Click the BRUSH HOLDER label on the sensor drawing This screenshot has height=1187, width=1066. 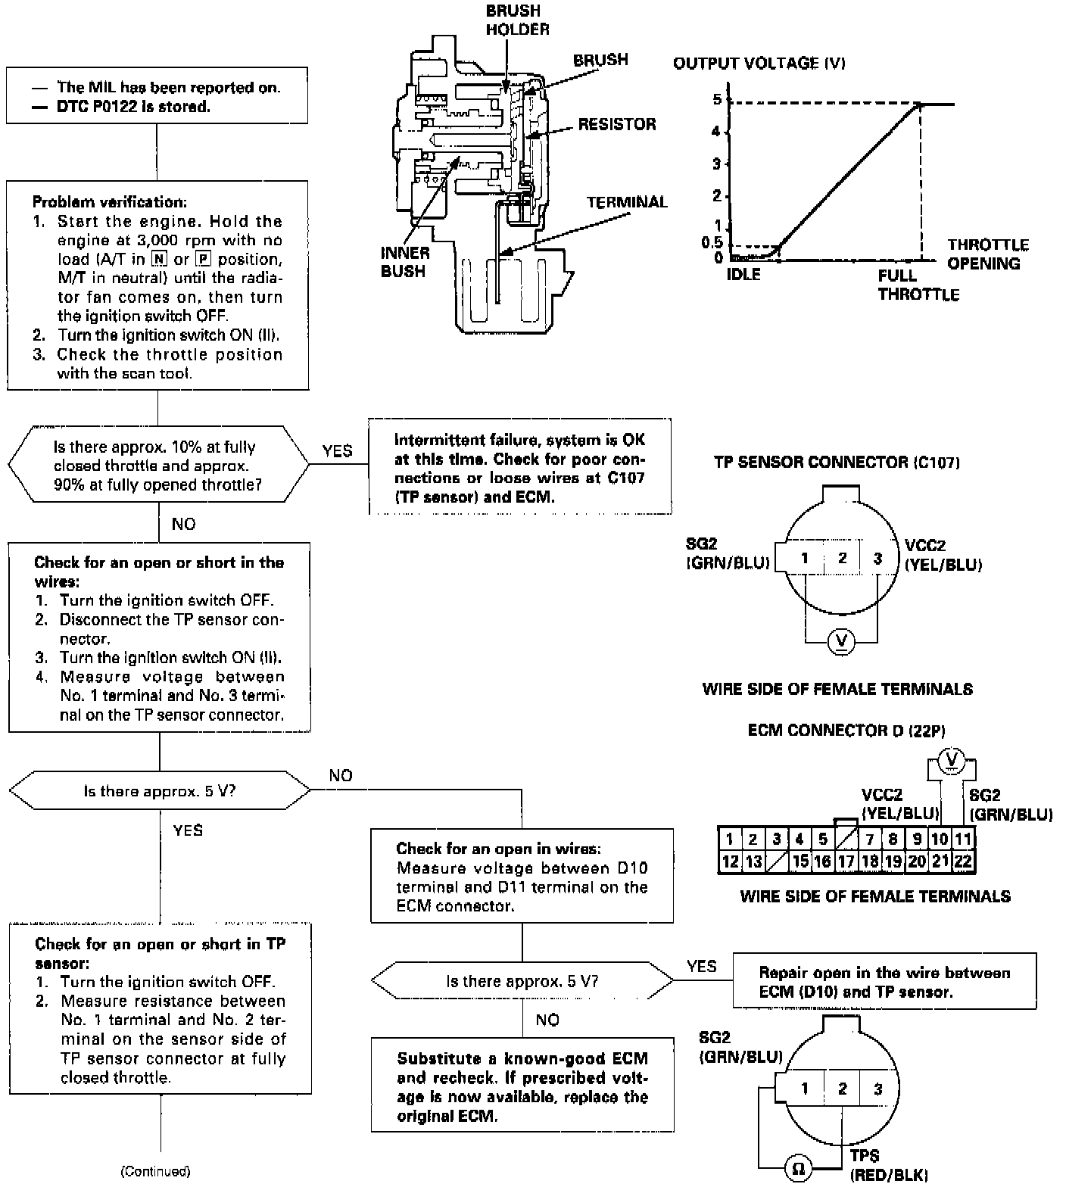[x=517, y=20]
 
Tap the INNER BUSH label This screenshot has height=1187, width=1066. [x=404, y=262]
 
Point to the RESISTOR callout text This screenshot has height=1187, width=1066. [x=616, y=124]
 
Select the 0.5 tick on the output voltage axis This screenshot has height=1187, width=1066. [x=712, y=243]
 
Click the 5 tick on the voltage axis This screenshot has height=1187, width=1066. [x=717, y=100]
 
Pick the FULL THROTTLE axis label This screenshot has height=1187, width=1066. [x=918, y=285]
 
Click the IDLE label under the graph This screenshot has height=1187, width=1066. [x=743, y=275]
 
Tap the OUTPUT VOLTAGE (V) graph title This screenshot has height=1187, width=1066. [x=759, y=64]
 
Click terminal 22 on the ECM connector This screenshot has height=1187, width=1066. [x=962, y=861]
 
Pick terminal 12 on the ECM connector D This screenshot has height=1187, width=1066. [x=730, y=861]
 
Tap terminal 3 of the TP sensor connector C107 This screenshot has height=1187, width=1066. [x=877, y=559]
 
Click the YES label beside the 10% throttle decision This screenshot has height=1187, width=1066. [x=337, y=451]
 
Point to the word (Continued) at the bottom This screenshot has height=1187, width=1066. [x=155, y=1171]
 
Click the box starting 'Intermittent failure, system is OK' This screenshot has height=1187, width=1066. [x=520, y=468]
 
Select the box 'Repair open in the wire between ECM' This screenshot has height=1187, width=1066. [x=884, y=982]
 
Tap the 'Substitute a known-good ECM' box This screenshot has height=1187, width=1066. [x=522, y=1086]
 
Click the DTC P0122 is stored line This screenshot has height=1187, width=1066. [x=133, y=107]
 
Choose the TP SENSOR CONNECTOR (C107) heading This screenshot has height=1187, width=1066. [x=837, y=462]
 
